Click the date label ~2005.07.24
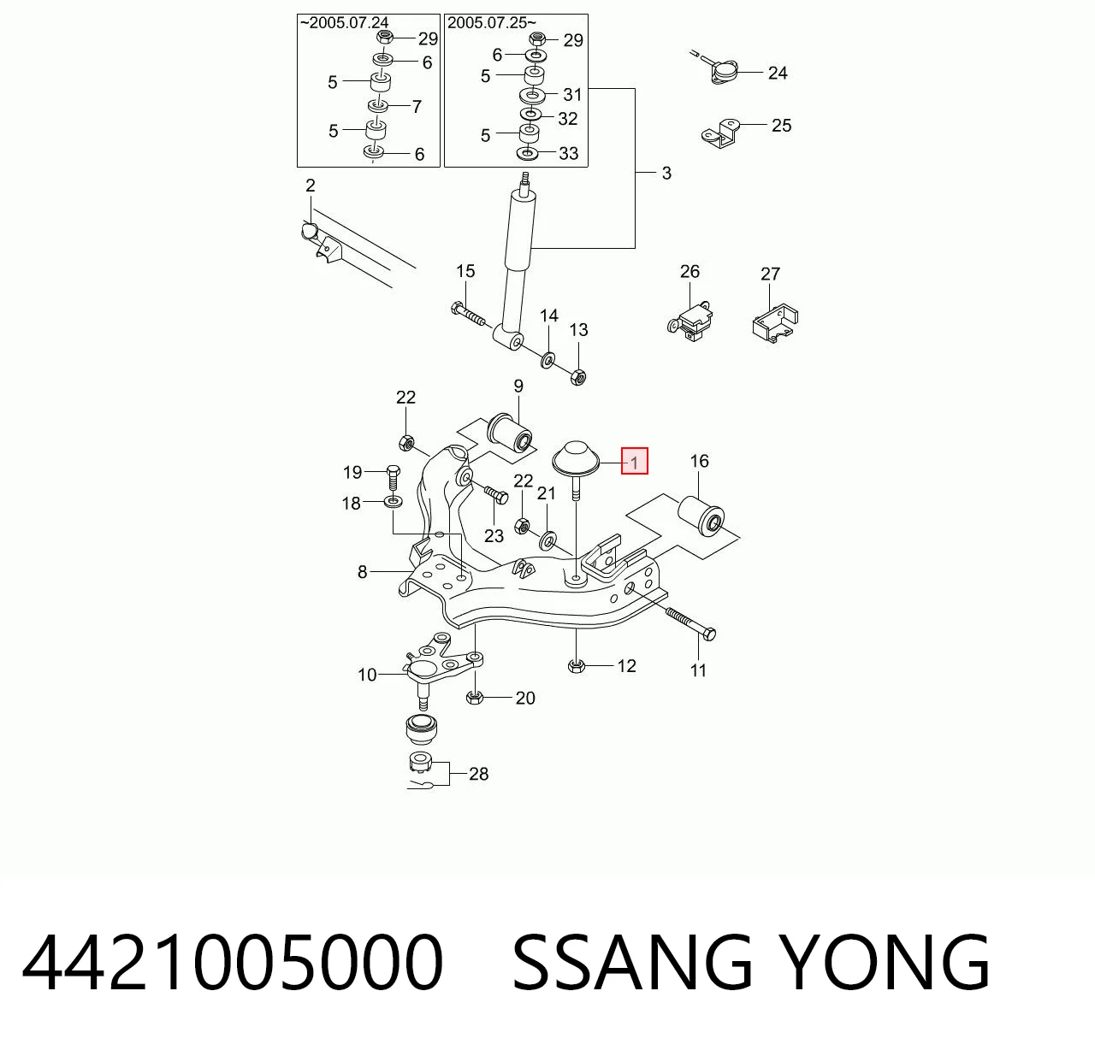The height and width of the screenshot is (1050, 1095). [x=345, y=23]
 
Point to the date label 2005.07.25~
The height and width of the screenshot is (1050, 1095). [x=491, y=23]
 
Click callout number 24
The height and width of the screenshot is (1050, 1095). [x=778, y=74]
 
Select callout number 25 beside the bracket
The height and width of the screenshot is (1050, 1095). [x=782, y=126]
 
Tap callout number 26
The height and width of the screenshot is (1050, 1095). [x=690, y=272]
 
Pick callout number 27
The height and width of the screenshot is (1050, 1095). [x=770, y=274]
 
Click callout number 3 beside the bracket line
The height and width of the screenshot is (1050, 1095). [x=666, y=174]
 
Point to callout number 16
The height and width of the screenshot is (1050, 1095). [x=700, y=461]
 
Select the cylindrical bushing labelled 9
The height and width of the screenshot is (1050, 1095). [x=509, y=434]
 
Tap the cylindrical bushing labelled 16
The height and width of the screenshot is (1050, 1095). [x=701, y=516]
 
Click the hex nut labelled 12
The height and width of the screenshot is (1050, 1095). [x=577, y=666]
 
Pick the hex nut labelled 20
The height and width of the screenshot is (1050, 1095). [x=474, y=698]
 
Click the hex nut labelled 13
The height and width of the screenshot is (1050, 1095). [x=578, y=376]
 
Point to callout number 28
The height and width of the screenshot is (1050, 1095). [x=478, y=774]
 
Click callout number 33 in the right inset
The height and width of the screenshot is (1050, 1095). [x=568, y=154]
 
